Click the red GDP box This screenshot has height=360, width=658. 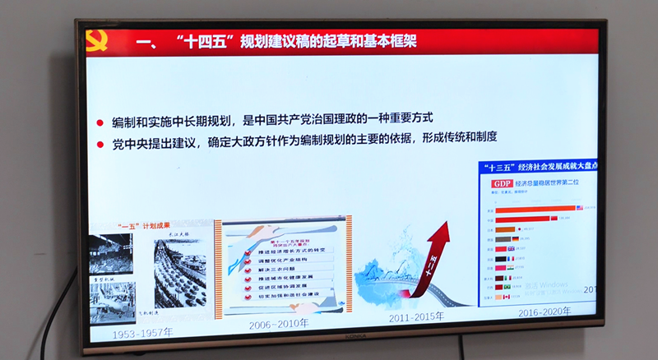[502, 183]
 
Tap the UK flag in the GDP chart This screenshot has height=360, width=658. [510, 248]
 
